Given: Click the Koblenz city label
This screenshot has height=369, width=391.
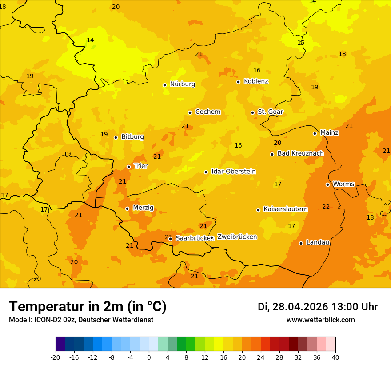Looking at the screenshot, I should pyautogui.click(x=256, y=81).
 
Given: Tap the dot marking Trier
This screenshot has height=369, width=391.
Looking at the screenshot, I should pyautogui.click(x=128, y=167).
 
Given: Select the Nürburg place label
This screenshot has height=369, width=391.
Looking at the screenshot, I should pyautogui.click(x=182, y=84).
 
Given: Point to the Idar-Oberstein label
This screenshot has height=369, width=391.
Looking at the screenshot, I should pyautogui.click(x=233, y=172).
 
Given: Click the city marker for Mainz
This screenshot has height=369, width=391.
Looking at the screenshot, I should pyautogui.click(x=315, y=133).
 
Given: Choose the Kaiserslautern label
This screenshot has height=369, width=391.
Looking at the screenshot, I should pyautogui.click(x=285, y=209).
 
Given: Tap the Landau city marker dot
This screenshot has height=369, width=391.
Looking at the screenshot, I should pyautogui.click(x=301, y=243).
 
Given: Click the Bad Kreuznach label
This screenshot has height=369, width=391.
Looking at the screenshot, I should pyautogui.click(x=300, y=153).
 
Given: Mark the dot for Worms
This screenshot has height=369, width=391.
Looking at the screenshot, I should pyautogui.click(x=327, y=184).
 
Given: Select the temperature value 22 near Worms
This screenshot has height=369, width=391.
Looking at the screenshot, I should pyautogui.click(x=326, y=206).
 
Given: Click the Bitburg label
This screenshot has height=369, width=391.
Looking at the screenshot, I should pyautogui.click(x=132, y=137).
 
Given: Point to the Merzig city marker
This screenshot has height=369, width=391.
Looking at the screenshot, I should pyautogui.click(x=127, y=209).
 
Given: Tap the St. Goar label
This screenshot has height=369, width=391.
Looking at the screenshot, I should pyautogui.click(x=270, y=112).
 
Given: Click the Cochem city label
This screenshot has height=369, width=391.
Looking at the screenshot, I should pyautogui.click(x=207, y=112).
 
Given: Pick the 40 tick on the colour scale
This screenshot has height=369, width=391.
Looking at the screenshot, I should pyautogui.click(x=335, y=357).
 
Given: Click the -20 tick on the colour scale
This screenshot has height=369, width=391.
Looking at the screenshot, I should pyautogui.click(x=56, y=357).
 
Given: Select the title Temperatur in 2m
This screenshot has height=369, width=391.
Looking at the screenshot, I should pyautogui.click(x=88, y=306).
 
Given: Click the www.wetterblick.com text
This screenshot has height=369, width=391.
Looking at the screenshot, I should pyautogui.click(x=320, y=320).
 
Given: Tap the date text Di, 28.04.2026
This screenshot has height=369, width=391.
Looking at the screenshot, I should pyautogui.click(x=292, y=307).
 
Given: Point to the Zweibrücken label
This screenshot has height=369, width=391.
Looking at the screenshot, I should pyautogui.click(x=237, y=237).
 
